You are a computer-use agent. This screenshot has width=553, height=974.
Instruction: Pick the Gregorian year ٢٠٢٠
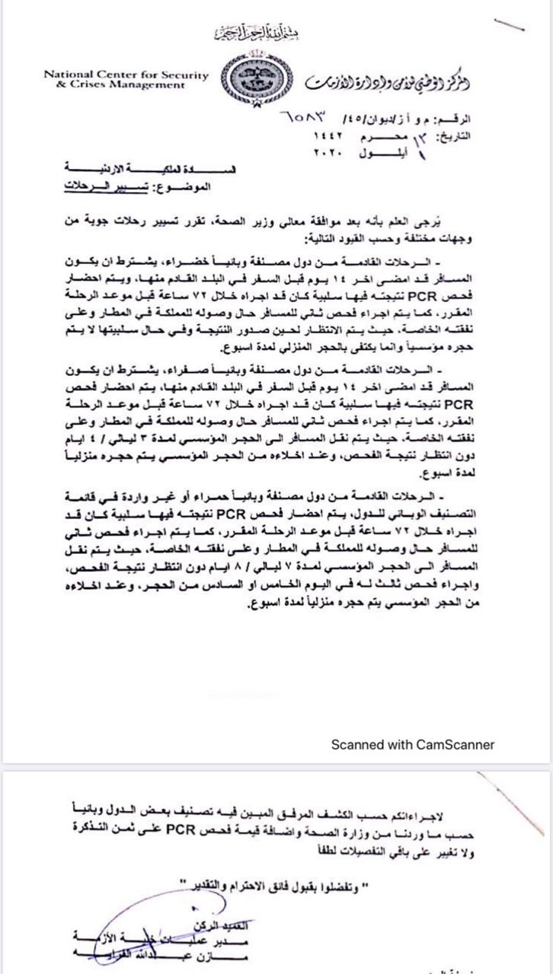(x=330, y=152)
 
